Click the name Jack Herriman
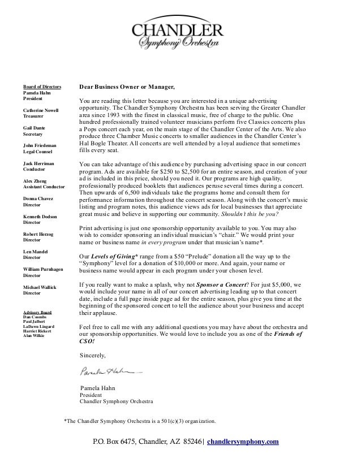[37, 163]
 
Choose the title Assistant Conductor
[44, 186]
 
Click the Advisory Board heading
[37, 312]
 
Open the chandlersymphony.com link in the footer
[243, 442]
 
